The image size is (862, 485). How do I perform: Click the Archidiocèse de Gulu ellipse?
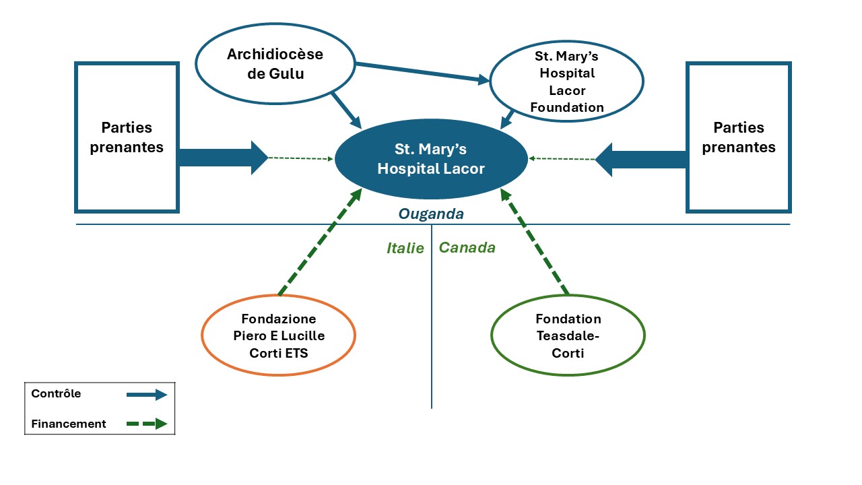[275, 65]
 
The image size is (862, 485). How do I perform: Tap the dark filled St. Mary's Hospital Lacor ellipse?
[431, 159]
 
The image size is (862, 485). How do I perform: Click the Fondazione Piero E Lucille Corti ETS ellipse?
[278, 335]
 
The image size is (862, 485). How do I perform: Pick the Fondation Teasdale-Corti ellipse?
[568, 335]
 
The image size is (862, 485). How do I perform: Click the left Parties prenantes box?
[127, 137]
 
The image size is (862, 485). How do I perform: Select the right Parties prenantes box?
[739, 137]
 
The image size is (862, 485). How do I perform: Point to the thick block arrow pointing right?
[222, 158]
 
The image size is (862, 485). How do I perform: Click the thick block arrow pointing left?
[640, 160]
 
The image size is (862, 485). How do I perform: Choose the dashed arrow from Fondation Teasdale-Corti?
[535, 243]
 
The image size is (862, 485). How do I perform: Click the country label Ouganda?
[431, 214]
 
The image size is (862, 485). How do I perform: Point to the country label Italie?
[405, 248]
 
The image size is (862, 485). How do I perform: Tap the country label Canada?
[467, 248]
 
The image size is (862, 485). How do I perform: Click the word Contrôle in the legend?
[56, 394]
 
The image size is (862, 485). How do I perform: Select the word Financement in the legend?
[69, 424]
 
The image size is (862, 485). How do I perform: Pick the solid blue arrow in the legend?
[146, 395]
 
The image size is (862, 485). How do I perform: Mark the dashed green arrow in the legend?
[146, 424]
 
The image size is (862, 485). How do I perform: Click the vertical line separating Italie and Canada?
[431, 337]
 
